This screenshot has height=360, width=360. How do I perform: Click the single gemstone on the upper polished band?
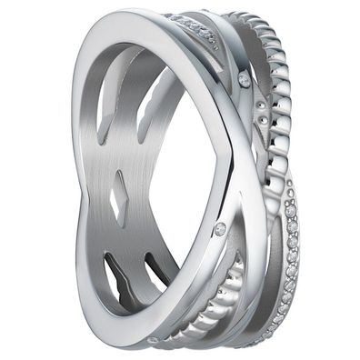point(244,81)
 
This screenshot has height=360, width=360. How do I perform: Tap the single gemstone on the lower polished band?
point(220,229)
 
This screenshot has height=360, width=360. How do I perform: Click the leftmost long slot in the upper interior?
point(105,100)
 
